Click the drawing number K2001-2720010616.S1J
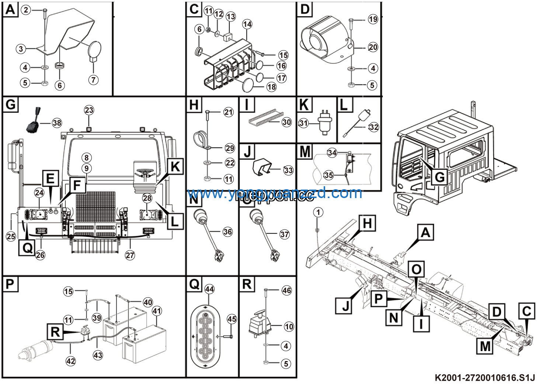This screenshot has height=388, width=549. (484, 378)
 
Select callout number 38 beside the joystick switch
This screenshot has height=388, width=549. (57, 123)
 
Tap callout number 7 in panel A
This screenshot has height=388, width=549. (94, 80)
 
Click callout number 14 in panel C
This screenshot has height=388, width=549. (247, 24)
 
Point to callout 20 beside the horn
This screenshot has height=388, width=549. (373, 47)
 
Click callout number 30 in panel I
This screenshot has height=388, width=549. (286, 122)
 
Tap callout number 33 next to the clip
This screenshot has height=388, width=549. (288, 170)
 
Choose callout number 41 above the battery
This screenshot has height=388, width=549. (157, 311)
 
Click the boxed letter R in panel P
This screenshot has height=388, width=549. (55, 332)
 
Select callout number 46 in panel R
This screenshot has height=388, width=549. (286, 290)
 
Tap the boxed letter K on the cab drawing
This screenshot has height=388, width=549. (176, 167)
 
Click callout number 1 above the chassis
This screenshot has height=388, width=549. (318, 212)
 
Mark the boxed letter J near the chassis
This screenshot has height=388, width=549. (345, 306)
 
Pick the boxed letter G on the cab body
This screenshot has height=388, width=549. (439, 177)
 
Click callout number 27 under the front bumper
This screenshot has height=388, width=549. (130, 255)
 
